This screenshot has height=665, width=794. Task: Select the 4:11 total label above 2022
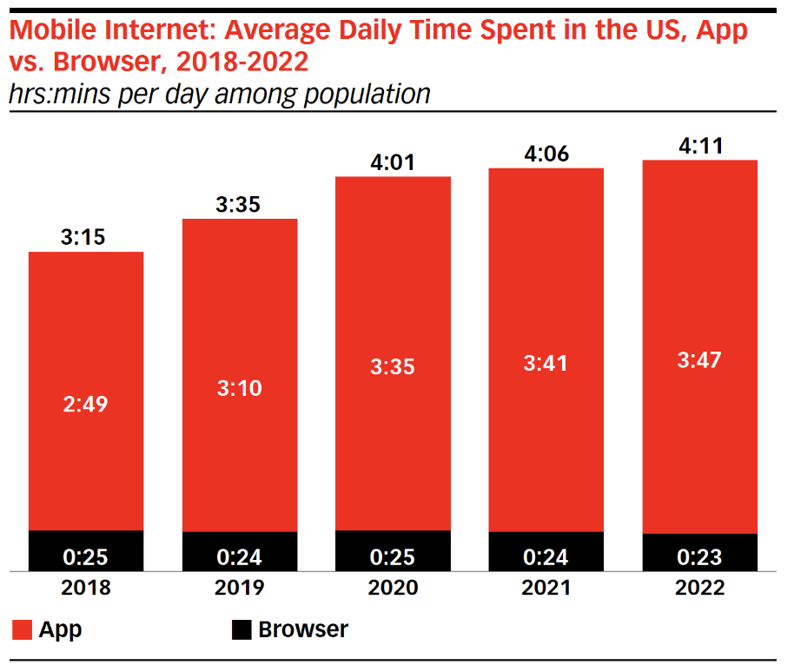[x=699, y=145]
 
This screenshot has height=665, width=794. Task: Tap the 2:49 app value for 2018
[x=86, y=404]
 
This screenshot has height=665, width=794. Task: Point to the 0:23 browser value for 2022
[x=699, y=556]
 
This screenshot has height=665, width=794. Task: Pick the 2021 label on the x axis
[x=546, y=588]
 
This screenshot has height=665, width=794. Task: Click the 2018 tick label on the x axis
[x=86, y=588]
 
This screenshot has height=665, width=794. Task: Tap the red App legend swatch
[x=22, y=630]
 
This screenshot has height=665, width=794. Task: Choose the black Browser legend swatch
[x=242, y=630]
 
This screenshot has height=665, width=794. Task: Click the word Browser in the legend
[x=303, y=629]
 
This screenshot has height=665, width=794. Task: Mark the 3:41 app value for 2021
[x=546, y=363]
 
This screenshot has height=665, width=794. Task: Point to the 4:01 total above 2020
[x=393, y=161]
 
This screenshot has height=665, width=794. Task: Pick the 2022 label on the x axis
[x=699, y=588]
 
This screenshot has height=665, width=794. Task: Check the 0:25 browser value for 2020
[x=393, y=556]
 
